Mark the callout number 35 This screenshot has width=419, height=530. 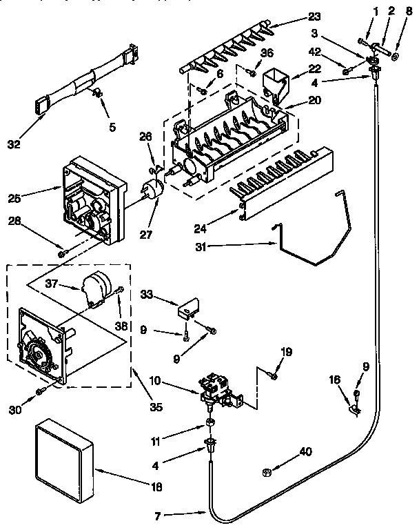click(156, 407)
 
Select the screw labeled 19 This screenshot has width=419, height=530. click(274, 376)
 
